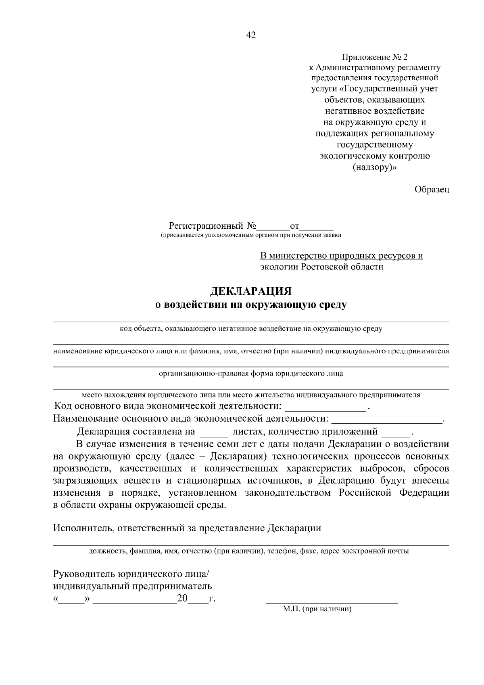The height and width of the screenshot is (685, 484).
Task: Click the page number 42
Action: (250, 36)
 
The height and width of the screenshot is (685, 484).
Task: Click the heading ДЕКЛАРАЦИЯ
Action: (251, 291)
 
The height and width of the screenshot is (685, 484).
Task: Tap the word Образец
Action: (432, 189)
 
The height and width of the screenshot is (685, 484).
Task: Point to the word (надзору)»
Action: (375, 167)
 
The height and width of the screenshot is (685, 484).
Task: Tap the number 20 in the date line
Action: (182, 598)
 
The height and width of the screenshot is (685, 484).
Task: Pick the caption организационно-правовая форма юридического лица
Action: (251, 373)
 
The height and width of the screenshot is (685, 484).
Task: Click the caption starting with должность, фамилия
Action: (248, 551)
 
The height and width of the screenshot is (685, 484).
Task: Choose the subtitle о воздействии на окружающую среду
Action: (251, 305)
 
